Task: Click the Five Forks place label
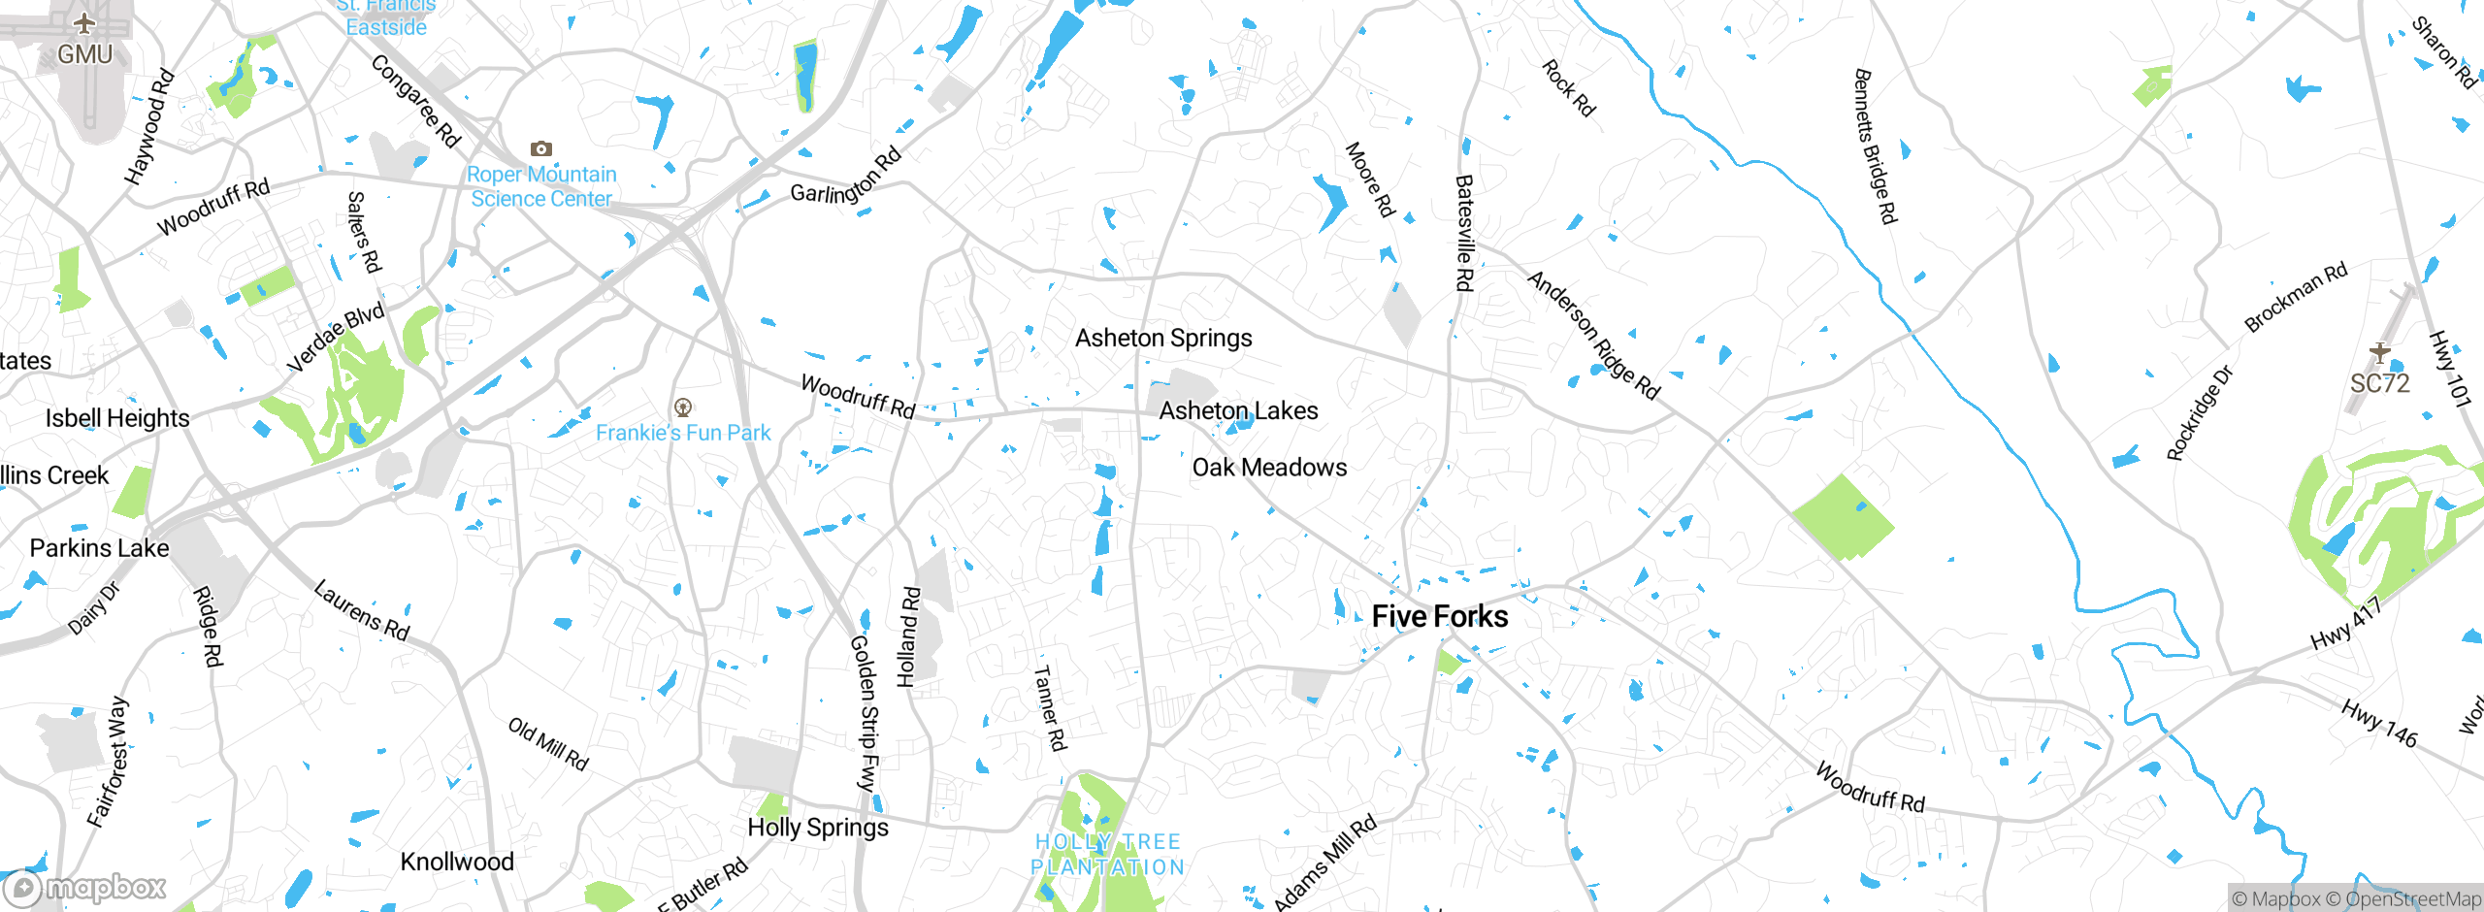click(1440, 617)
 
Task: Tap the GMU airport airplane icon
click(85, 23)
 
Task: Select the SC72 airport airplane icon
click(2379, 352)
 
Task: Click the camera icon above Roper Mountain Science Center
click(541, 148)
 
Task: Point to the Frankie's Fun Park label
click(683, 433)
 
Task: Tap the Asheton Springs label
click(1163, 339)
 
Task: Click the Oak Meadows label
click(1269, 468)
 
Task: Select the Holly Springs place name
click(818, 828)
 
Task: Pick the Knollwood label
click(457, 862)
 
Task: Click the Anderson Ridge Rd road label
click(1593, 336)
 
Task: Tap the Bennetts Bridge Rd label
click(1875, 147)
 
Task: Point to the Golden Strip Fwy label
click(864, 713)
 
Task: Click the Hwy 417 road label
click(2346, 624)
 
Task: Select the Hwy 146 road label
click(2379, 723)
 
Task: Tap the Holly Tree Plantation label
click(1108, 855)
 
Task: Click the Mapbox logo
click(85, 888)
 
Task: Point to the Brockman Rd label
click(2296, 297)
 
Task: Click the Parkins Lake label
click(99, 548)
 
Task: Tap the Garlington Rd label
click(846, 177)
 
